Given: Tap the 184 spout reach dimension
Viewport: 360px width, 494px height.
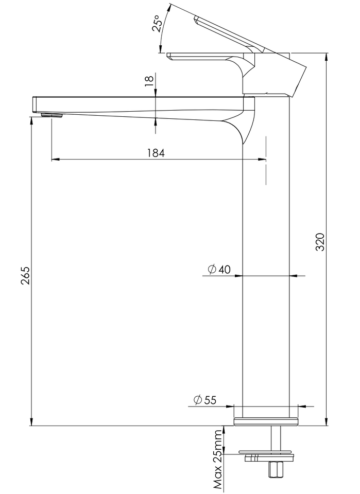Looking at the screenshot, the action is pos(156,153).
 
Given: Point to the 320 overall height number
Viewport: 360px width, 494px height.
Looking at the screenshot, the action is pos(320,242).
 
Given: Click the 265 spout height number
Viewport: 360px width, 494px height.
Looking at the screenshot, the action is pos(25,276).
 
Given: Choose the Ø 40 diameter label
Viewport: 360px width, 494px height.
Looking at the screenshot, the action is pos(219,269).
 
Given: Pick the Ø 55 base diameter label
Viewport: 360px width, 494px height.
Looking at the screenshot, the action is pos(205,400).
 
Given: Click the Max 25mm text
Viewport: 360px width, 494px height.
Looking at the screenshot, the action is pos(217,461).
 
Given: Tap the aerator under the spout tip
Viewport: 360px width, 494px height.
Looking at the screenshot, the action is pos(53,115).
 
